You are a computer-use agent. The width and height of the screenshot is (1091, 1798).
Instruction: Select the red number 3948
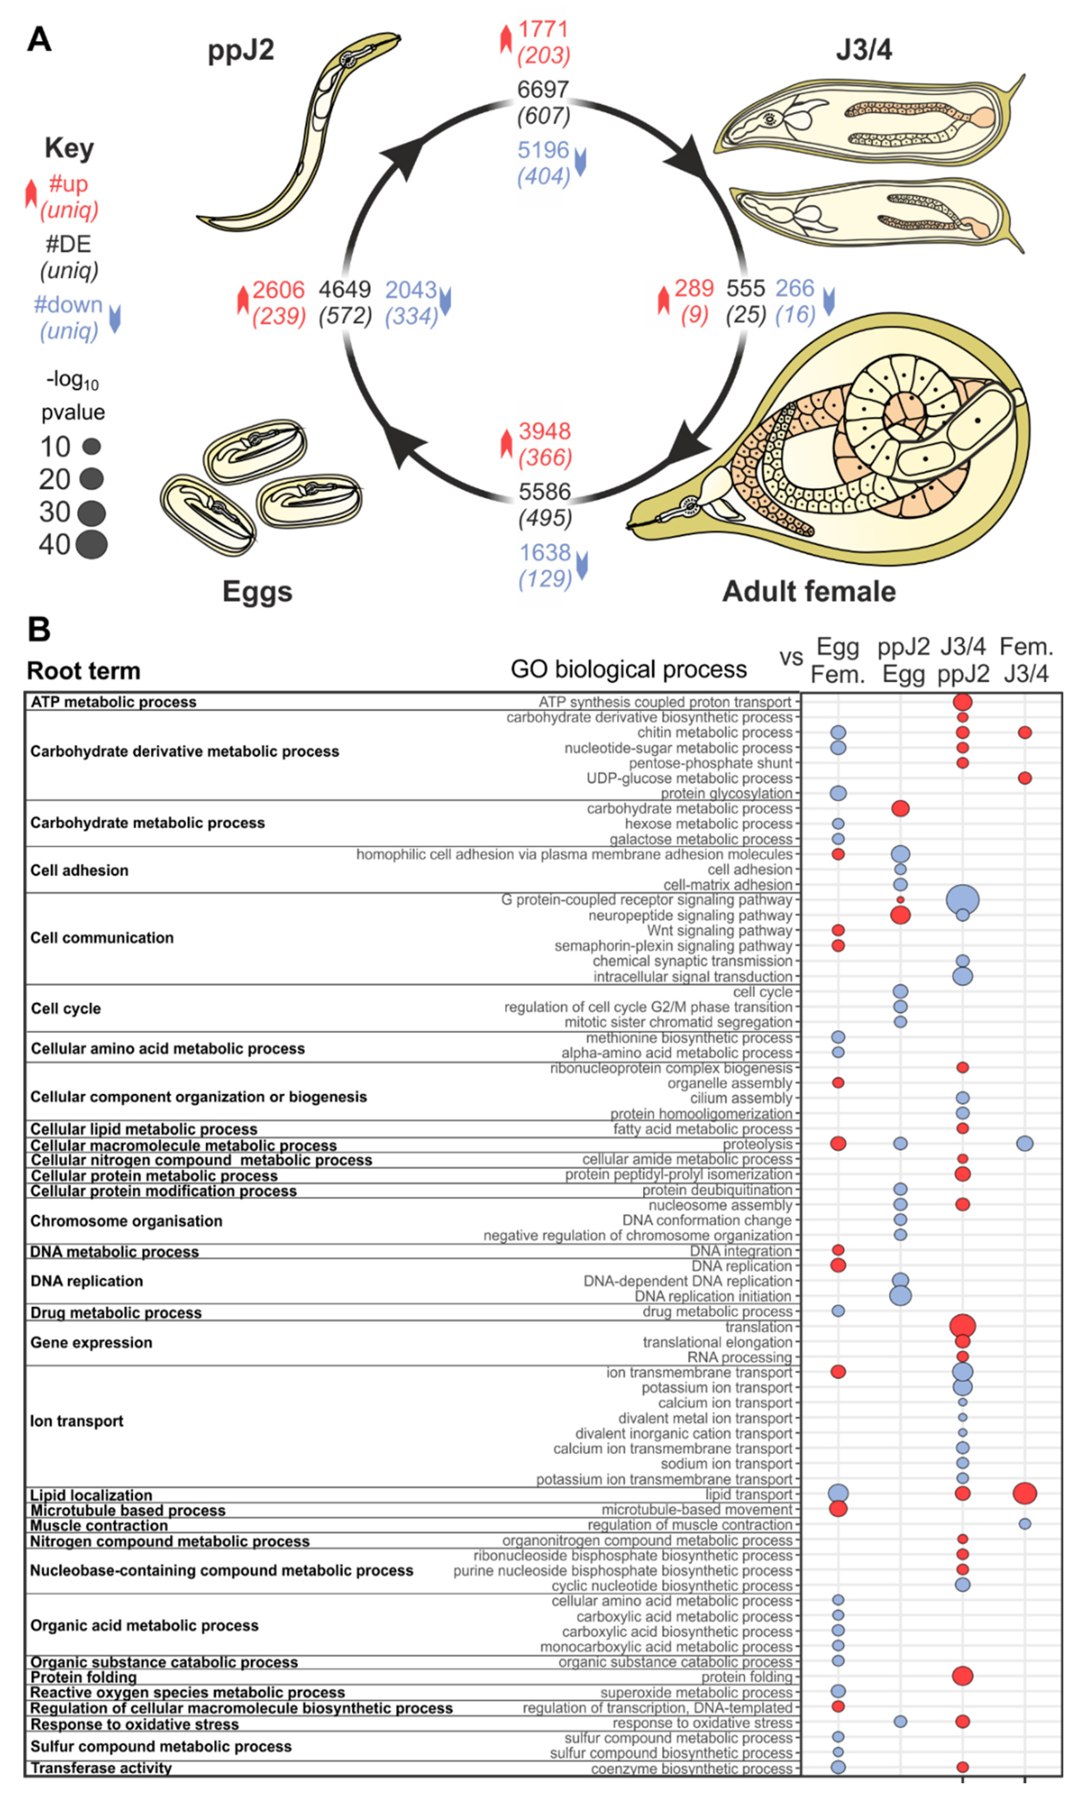pos(544,431)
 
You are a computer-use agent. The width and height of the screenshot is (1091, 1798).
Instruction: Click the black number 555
pos(745,288)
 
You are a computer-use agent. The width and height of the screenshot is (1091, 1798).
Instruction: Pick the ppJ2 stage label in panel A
pos(241,50)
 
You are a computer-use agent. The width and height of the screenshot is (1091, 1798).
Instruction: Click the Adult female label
pos(808,591)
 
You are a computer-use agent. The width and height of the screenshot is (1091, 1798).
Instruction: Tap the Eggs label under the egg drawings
pos(257,591)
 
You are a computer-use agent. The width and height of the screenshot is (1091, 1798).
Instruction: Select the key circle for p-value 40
pos(91,544)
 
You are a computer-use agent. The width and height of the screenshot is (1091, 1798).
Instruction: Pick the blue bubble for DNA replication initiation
pos(901,1296)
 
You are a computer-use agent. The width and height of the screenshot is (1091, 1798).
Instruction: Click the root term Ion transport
pos(77,1421)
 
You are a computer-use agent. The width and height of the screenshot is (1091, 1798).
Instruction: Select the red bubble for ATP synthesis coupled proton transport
pos(962,702)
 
